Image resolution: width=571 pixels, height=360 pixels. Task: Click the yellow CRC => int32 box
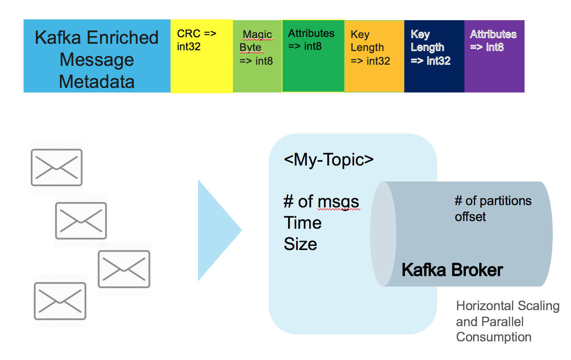tap(201, 56)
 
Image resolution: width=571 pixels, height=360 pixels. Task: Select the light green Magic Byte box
tap(257, 56)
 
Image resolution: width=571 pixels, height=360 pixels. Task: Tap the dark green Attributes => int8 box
tap(313, 56)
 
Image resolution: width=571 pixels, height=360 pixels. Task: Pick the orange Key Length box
tap(374, 56)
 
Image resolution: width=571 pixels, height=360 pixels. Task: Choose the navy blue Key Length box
tap(434, 56)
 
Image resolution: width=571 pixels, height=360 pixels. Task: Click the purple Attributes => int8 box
tap(494, 56)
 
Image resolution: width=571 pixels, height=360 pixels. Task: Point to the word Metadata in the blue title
tap(97, 81)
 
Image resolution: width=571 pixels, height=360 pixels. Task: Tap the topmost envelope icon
tap(57, 167)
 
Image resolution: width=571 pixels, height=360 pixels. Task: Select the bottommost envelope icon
tap(60, 301)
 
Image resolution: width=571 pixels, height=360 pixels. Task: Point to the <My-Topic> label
tap(329, 159)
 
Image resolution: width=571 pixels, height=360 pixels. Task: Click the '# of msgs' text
tap(321, 202)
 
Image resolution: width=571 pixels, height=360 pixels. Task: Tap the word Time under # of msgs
tap(303, 223)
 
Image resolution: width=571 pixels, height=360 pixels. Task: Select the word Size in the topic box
tap(300, 244)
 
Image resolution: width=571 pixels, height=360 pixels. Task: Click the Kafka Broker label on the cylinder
tap(452, 270)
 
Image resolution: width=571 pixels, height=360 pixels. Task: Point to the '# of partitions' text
tap(493, 201)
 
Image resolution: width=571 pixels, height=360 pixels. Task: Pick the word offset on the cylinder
tap(470, 217)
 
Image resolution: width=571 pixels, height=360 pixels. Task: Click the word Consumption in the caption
tap(494, 337)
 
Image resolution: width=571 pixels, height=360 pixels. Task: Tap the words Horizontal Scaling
tap(508, 306)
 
